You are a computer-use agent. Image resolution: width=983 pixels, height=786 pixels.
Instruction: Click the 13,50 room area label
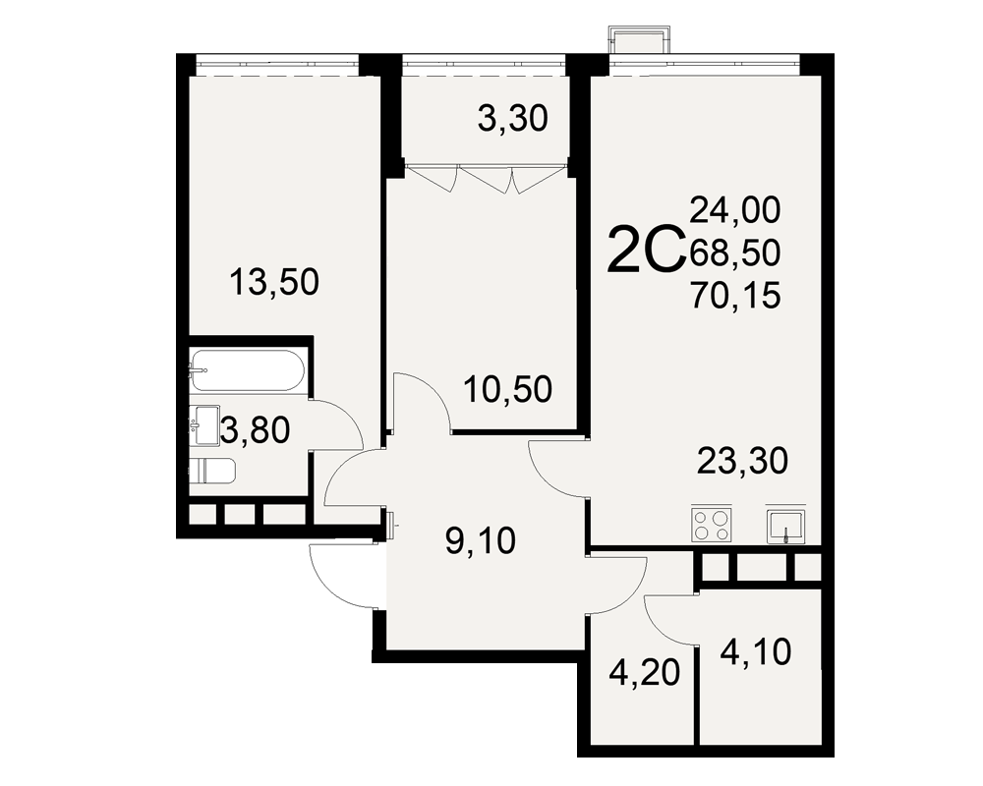coord(274,281)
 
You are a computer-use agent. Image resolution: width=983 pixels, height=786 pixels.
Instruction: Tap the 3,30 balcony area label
coord(513,119)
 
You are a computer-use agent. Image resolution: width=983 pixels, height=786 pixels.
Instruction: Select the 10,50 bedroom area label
coord(508,389)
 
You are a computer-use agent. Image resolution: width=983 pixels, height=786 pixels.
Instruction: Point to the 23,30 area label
coord(743,462)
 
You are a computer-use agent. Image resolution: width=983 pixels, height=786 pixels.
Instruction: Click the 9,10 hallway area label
coord(481,540)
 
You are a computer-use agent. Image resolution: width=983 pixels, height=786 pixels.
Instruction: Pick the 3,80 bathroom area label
coord(256,430)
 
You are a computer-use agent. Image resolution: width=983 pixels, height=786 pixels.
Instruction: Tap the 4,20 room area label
coord(645,673)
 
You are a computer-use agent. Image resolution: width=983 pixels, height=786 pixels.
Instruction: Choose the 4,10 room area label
coord(756,652)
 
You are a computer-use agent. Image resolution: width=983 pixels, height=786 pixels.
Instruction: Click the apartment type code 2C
coord(645,251)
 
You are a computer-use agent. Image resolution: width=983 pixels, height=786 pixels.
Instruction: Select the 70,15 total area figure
coord(735,295)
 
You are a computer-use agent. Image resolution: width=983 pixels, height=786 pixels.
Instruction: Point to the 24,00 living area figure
coord(735,210)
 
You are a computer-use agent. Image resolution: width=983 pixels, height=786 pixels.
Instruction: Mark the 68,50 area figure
coord(735,253)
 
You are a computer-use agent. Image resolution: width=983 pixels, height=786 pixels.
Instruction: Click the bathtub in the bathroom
coord(248,370)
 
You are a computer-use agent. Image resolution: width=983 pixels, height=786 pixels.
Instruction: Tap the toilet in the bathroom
coord(212,471)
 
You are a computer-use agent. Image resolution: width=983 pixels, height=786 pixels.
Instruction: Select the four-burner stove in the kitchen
coord(712,524)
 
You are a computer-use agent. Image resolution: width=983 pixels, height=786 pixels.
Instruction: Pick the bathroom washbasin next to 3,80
coord(204,425)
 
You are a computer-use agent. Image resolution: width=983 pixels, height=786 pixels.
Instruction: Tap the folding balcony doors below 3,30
coord(487,178)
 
